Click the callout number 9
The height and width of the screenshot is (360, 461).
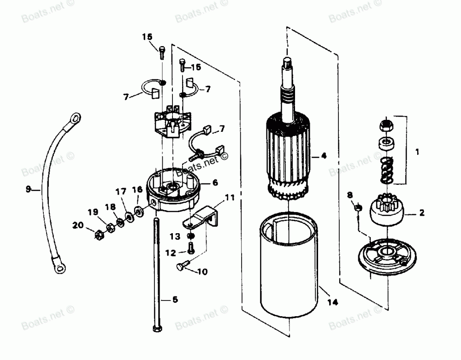pyautogui.click(x=28, y=188)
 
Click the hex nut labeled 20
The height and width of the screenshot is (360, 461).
pyautogui.click(x=98, y=236)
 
